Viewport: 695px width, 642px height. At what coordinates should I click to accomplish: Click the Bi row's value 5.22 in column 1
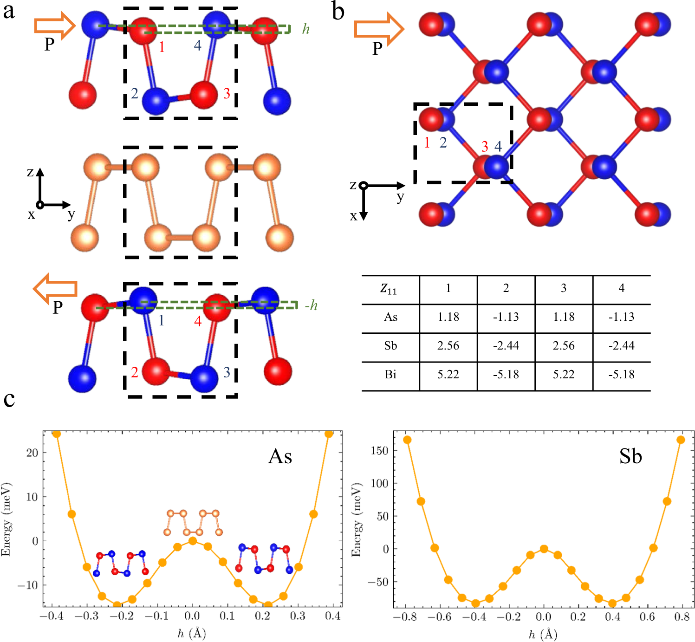448,375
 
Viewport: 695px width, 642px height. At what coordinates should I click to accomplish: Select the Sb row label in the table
390,346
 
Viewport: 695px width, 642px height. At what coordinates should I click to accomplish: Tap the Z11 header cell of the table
389,289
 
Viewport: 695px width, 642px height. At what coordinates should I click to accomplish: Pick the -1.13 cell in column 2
506,317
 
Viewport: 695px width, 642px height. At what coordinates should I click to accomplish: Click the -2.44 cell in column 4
621,346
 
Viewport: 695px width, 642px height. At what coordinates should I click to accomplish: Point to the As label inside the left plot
280,457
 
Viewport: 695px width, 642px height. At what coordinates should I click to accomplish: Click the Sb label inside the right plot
630,457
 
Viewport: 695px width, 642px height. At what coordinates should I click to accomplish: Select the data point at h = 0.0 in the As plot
193,541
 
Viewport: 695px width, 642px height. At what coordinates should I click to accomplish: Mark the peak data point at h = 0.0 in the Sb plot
544,549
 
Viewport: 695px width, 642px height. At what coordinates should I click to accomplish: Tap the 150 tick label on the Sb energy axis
380,451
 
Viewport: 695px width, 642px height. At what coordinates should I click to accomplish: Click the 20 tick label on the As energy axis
32,453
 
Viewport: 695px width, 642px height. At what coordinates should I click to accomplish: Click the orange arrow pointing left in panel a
55,289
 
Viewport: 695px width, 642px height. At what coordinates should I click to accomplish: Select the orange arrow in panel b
379,29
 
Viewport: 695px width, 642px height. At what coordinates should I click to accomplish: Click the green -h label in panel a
311,305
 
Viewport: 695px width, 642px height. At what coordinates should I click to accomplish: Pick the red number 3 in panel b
485,147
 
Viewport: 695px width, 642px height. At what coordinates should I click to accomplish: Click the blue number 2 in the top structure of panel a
135,94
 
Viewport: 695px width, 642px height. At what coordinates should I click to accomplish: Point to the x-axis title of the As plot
192,634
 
